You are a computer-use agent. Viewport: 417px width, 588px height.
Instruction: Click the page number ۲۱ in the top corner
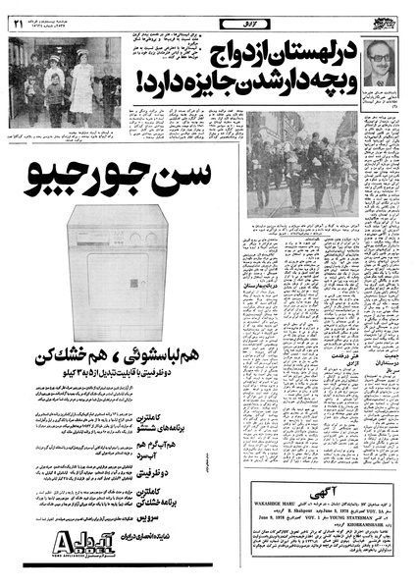[x=16, y=14]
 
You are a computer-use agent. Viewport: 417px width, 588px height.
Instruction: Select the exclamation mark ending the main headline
[x=186, y=82]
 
